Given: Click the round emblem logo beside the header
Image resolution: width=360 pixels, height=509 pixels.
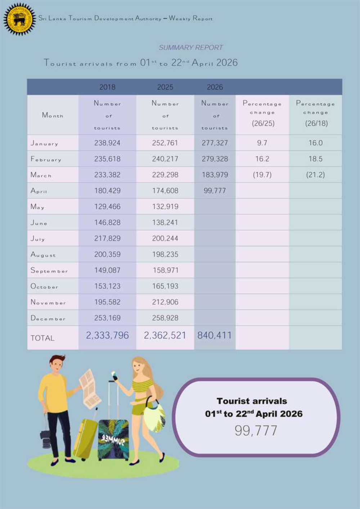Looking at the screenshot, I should pos(19,19).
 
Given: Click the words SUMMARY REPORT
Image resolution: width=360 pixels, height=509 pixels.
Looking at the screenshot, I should pos(191,48).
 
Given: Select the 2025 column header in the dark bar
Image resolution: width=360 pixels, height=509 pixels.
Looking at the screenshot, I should pos(165,87).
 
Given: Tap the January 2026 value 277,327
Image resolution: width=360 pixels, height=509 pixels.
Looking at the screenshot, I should pos(215,143).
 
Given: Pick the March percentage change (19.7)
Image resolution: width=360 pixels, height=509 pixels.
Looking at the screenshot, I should pos(262,175).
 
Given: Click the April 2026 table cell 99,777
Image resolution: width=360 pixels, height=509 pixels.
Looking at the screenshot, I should pos(215,191).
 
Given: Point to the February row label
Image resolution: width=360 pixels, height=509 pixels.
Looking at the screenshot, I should pos(46,159).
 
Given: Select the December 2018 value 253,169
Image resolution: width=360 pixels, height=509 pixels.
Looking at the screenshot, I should pos(107,318).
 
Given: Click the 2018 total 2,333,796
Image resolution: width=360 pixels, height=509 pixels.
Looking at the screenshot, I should pos(107,335).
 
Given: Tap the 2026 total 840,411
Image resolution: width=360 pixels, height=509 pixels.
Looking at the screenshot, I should pos(215,335).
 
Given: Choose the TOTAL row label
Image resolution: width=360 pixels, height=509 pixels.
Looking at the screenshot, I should pos(42,338).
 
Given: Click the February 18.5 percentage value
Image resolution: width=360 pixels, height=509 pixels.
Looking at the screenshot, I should pos(315,159).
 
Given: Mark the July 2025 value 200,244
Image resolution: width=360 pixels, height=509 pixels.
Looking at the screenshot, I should pos(165,239).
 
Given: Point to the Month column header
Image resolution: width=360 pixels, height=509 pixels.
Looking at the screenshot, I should pos(53,116).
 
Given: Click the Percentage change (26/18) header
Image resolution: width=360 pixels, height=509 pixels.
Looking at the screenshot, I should pos(315,113).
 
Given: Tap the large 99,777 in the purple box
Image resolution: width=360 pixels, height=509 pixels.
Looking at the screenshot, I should pos(256,431).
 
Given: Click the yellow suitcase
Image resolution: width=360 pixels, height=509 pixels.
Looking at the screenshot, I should pos(85,438).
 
